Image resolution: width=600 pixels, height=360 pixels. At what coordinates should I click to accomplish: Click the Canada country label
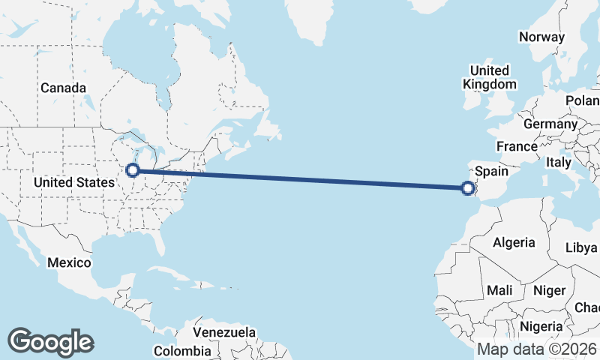(63, 88)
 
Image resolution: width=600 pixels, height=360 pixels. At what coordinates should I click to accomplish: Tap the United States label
(74, 182)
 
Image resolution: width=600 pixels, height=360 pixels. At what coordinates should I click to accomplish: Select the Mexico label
(69, 263)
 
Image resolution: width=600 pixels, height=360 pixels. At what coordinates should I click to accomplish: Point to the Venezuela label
(224, 332)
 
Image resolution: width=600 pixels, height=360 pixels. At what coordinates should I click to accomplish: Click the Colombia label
(184, 351)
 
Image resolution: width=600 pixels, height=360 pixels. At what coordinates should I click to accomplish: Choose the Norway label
(541, 37)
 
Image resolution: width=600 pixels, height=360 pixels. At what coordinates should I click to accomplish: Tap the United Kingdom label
(490, 77)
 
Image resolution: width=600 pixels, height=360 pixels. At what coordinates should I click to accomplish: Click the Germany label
(550, 124)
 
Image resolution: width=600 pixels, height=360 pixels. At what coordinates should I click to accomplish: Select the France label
(517, 146)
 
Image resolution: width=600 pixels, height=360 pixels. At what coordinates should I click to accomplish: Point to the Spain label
(492, 172)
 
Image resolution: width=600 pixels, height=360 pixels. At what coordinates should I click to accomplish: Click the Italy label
(558, 162)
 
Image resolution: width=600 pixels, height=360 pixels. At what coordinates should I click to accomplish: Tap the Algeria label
(514, 242)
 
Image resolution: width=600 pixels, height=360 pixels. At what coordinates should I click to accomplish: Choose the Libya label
(581, 247)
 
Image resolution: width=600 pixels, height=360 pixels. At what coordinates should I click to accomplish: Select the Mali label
(499, 290)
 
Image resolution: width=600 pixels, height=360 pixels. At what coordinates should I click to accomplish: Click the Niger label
(548, 290)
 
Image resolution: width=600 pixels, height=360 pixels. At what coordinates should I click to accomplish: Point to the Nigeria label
(541, 326)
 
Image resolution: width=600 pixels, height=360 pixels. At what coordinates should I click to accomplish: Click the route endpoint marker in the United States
(133, 171)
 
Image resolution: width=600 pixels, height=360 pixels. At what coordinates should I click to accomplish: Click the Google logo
(50, 342)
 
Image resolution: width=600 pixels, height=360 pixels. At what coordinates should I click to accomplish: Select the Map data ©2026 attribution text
(536, 349)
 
